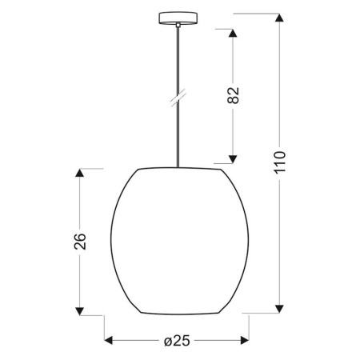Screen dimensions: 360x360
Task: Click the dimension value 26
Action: pos(79,242)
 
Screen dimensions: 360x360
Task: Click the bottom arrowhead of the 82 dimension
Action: pos(234,159)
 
